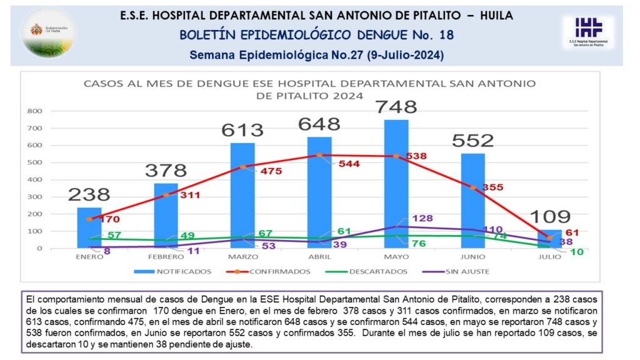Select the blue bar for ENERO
click(89, 228)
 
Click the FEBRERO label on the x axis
click(166, 257)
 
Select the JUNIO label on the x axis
click(472, 257)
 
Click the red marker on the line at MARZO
click(242, 167)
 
